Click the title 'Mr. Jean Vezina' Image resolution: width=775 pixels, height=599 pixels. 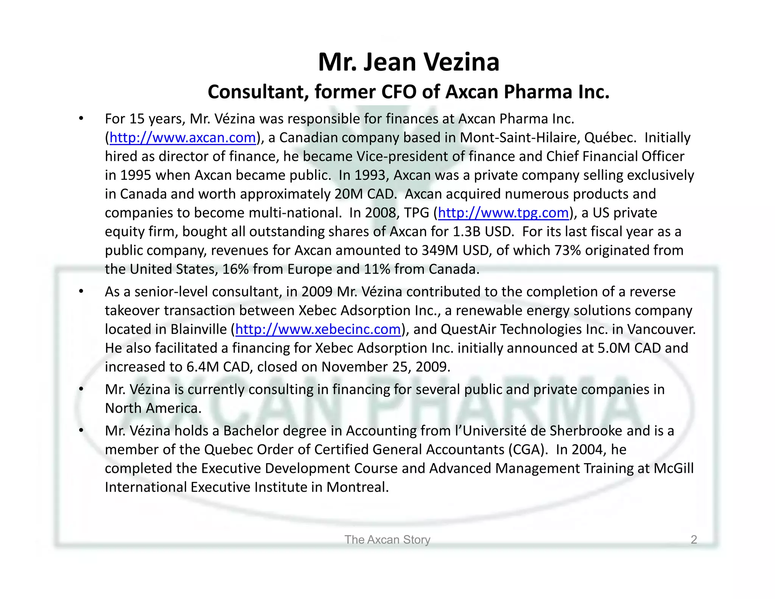(409, 62)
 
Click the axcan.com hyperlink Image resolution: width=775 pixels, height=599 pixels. (182, 138)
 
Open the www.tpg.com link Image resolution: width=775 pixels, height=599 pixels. (503, 213)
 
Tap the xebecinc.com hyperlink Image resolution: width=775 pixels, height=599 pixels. (318, 329)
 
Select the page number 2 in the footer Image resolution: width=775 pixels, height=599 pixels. (694, 539)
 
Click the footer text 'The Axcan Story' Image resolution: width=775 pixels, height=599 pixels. (387, 539)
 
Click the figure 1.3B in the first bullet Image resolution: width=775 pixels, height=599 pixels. (467, 232)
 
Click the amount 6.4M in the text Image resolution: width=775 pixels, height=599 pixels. (202, 367)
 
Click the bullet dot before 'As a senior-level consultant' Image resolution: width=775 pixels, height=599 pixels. (81, 292)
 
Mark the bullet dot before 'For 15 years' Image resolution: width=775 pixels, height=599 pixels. (81, 119)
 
